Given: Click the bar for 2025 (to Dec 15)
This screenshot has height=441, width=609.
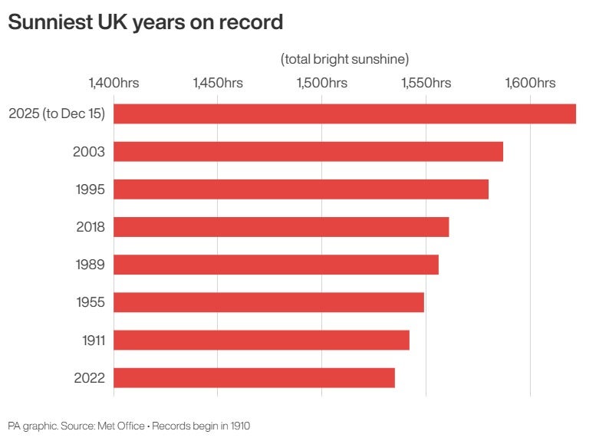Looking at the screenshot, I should click(x=345, y=114).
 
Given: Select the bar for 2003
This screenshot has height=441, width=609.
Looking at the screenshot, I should click(x=308, y=151).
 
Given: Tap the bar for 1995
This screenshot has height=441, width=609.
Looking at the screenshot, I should click(x=301, y=189).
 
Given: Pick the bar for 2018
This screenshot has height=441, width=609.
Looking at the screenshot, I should click(x=281, y=227).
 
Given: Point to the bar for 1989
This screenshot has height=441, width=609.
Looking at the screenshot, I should click(x=276, y=265).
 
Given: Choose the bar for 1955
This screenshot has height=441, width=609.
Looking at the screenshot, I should click(x=269, y=302).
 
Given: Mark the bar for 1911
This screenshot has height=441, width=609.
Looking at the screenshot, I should click(x=262, y=340).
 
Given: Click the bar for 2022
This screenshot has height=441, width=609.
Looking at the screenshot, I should click(x=255, y=377).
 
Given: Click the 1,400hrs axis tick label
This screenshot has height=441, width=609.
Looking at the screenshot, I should click(x=114, y=83).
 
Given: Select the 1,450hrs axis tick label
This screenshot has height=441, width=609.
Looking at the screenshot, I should click(x=218, y=83).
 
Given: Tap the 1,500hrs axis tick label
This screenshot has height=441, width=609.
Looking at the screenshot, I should click(x=322, y=83).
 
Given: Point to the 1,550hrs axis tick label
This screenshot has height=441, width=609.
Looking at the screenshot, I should click(x=426, y=83).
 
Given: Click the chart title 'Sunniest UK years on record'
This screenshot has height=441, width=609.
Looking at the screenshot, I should click(x=145, y=23).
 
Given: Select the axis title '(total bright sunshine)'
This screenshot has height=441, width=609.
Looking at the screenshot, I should click(x=344, y=58).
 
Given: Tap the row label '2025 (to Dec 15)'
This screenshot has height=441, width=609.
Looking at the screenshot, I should click(x=57, y=114).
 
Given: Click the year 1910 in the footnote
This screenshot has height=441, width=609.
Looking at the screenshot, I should click(x=238, y=425).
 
